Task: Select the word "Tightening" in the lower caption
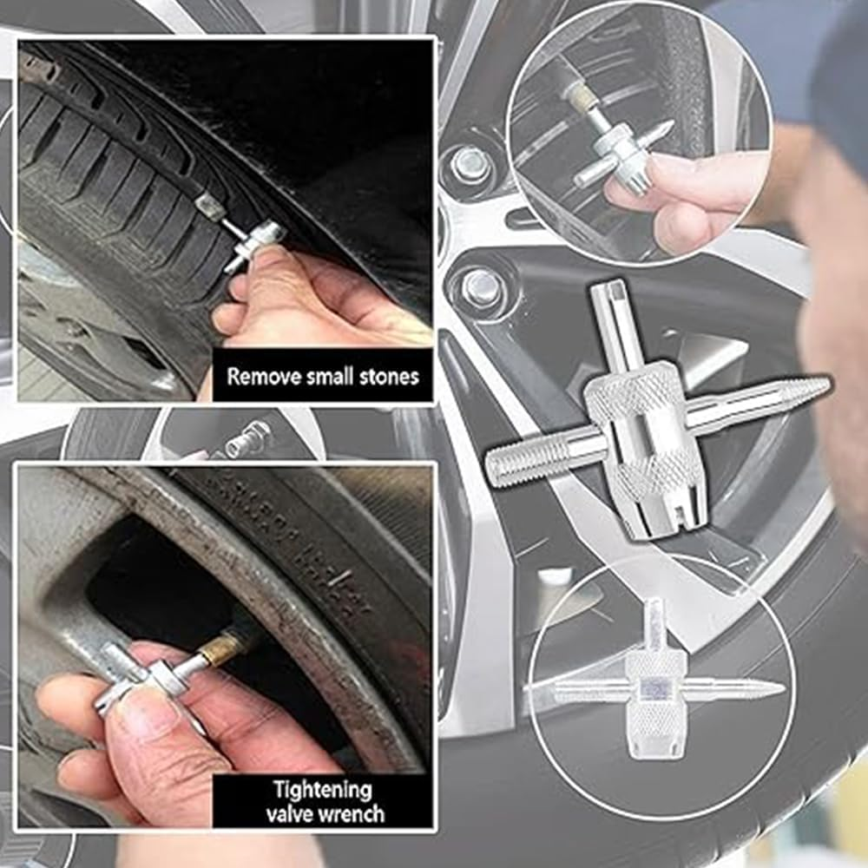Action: pos(323,790)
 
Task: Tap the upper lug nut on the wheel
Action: pos(470,162)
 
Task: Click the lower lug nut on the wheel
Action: pos(480,287)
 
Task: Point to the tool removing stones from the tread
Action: pos(252,243)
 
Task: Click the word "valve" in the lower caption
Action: pos(293,814)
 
